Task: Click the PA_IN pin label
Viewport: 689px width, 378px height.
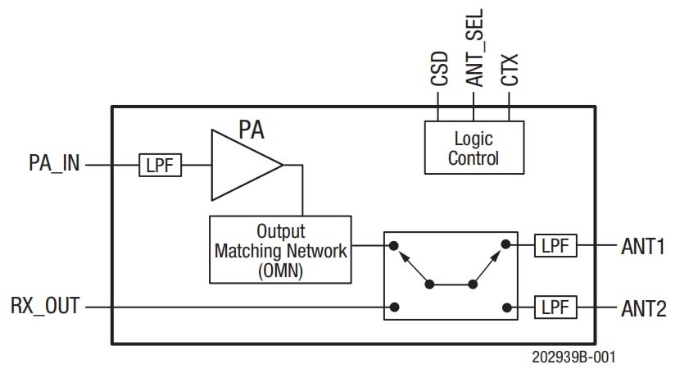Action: [x=54, y=163]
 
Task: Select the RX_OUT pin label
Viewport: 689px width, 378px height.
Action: [x=45, y=307]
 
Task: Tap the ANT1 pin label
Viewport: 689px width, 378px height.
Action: [x=643, y=246]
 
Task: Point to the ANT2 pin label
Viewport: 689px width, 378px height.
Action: [x=643, y=308]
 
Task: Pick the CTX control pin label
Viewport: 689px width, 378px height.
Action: [x=510, y=70]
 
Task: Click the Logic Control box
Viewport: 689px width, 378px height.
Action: [x=474, y=148]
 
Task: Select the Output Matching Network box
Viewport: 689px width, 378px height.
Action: [x=280, y=250]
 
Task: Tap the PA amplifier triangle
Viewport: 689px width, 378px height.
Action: [x=242, y=165]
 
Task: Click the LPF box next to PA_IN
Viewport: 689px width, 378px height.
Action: [x=160, y=164]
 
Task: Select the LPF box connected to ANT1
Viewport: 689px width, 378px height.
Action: [x=555, y=245]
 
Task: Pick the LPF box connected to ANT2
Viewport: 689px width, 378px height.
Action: [x=555, y=307]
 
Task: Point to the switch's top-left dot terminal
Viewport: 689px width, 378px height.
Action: [x=394, y=244]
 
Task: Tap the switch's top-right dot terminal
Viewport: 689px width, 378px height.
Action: [x=506, y=244]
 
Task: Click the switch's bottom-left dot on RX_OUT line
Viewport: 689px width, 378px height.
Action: [x=394, y=307]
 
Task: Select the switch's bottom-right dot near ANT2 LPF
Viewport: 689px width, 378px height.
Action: [x=506, y=307]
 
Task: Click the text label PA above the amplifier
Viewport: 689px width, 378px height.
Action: [x=252, y=130]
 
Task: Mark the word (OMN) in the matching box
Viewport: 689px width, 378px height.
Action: [x=280, y=271]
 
